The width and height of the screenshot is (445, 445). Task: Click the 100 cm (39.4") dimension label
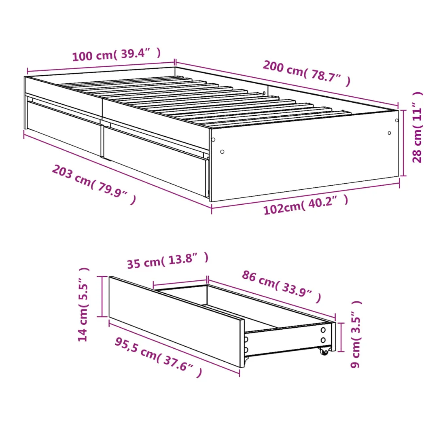tap(117, 54)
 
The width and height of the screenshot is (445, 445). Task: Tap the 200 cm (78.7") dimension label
tap(307, 73)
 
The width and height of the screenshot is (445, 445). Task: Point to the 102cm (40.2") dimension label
tap(306, 205)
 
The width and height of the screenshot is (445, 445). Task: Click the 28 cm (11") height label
tap(417, 127)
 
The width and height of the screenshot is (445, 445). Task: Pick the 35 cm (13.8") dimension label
tap(168, 261)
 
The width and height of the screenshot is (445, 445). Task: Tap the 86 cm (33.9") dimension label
tap(282, 287)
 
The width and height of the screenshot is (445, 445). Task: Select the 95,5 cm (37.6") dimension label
tap(159, 357)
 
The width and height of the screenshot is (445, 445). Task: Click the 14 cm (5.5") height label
tap(83, 304)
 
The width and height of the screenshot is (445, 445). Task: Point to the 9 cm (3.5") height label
tap(356, 334)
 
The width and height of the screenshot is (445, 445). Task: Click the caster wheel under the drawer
tap(324, 351)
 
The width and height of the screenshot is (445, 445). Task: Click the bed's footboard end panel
tap(305, 155)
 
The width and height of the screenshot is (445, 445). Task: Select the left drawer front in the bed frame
tap(64, 128)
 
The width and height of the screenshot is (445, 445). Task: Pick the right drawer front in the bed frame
tap(155, 161)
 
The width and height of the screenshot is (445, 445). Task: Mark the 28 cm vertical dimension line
tap(404, 143)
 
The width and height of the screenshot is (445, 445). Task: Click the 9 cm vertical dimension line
tap(341, 337)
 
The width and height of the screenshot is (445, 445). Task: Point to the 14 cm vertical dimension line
tap(102, 296)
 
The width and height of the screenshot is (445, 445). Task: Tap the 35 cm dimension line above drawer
tap(180, 283)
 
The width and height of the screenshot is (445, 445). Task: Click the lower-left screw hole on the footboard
tap(222, 152)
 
